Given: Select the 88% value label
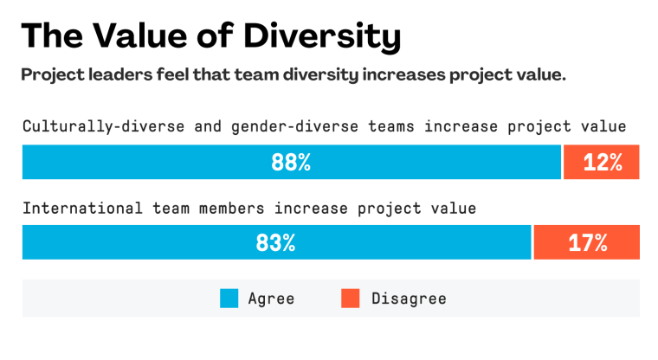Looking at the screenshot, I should click(x=291, y=163).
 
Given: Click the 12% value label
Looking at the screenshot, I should click(x=603, y=163).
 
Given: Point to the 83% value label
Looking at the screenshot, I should click(x=275, y=242).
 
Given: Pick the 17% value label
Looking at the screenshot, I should click(x=587, y=242).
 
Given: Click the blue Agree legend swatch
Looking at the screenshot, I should click(x=229, y=299).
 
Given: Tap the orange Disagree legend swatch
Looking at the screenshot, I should click(x=350, y=299).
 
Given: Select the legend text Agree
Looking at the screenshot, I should click(x=271, y=299).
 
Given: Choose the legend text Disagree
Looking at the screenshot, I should click(x=409, y=299).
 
